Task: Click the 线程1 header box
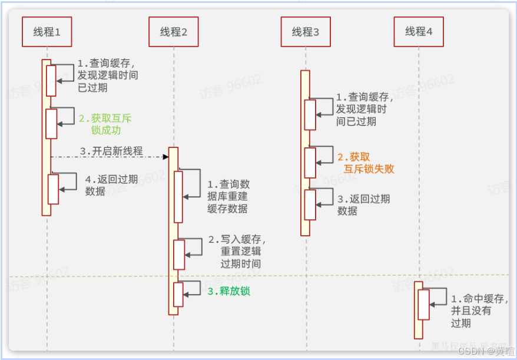(47, 32)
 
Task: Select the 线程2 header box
(174, 32)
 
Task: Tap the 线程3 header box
(305, 32)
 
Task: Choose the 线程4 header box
(418, 32)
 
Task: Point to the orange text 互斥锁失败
(369, 169)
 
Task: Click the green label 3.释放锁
(228, 291)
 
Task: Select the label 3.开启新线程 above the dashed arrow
(111, 151)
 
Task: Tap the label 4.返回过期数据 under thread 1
(111, 185)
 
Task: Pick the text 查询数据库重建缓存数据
(228, 196)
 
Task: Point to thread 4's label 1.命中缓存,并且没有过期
(478, 311)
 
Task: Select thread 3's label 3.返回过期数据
(363, 204)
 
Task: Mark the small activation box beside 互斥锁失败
(310, 163)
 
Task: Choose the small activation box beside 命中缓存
(423, 304)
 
